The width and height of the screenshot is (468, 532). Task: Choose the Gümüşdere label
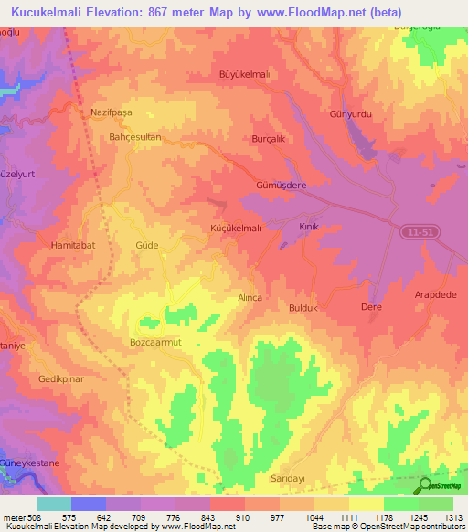[x=277, y=183]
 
